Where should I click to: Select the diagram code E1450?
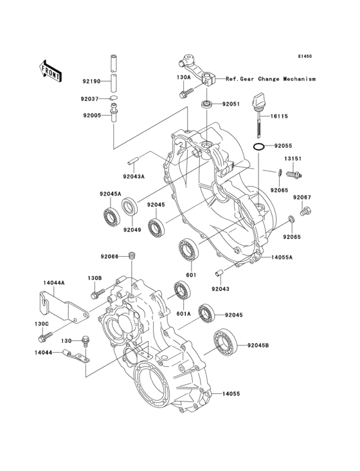pos(304,57)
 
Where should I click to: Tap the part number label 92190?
pos(91,81)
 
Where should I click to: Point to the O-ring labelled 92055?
pos(259,147)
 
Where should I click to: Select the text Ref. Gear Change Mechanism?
pos(271,78)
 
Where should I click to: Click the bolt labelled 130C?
pos(47,336)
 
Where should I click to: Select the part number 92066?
pos(109,255)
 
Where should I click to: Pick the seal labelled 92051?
pos(206,104)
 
